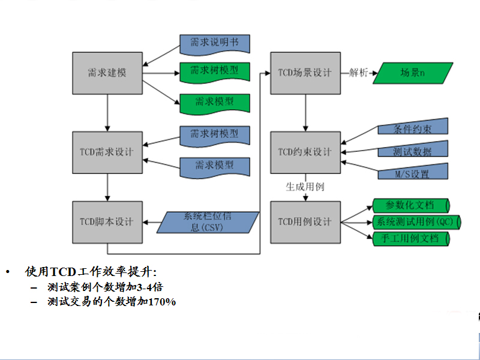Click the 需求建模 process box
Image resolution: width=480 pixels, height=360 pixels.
(x=107, y=73)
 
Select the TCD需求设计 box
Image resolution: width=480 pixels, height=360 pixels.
(x=107, y=152)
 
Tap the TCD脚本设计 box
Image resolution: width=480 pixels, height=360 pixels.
(x=107, y=221)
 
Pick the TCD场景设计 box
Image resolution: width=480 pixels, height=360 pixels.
(x=305, y=73)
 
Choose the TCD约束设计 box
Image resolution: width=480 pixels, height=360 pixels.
(x=305, y=152)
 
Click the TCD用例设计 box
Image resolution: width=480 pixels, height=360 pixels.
(x=305, y=221)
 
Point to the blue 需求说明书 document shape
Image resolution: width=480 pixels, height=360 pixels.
(x=214, y=44)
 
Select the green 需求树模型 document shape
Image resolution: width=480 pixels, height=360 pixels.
(x=214, y=71)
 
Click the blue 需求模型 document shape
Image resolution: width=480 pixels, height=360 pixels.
(x=214, y=164)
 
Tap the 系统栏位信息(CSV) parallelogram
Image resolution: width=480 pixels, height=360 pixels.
(x=208, y=222)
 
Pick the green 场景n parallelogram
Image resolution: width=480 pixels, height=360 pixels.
(x=412, y=73)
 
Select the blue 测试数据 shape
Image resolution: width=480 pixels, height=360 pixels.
(x=412, y=151)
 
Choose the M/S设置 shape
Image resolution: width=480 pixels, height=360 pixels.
(x=412, y=174)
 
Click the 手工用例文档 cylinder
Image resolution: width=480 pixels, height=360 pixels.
(x=412, y=239)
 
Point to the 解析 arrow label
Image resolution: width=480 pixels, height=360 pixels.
(x=358, y=73)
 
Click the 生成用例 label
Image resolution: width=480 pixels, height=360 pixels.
(x=305, y=187)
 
